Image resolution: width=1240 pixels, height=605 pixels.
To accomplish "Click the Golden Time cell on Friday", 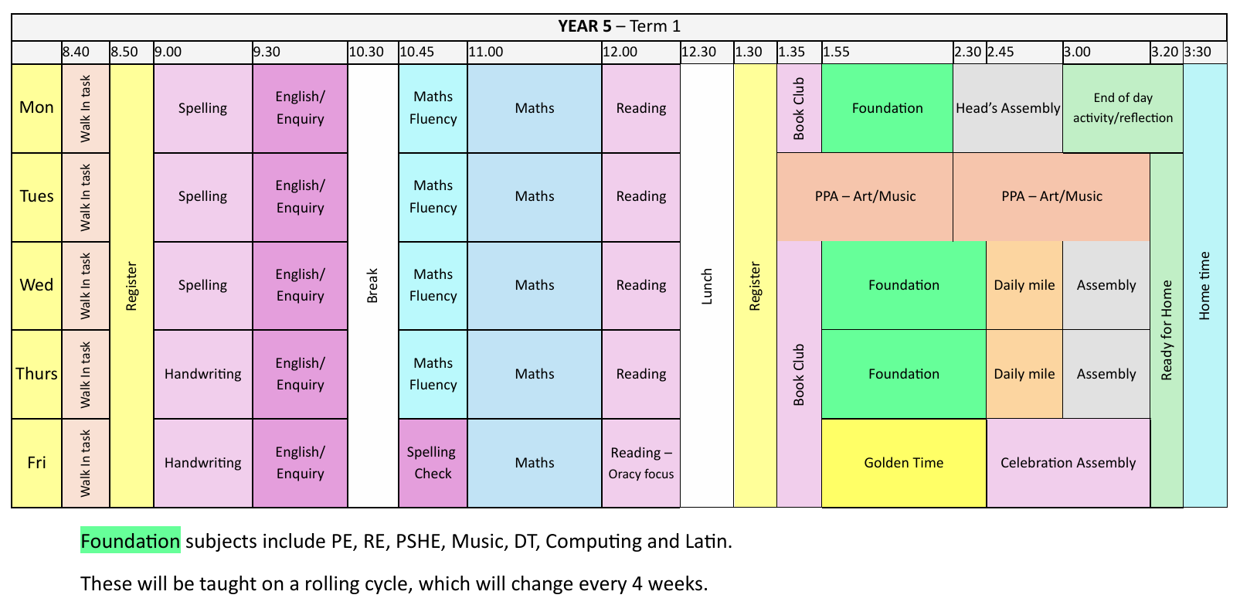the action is [x=903, y=463].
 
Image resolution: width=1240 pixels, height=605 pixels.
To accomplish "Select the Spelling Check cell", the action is [x=433, y=463].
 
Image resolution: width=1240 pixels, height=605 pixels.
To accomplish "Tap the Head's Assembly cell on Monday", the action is [x=1007, y=108].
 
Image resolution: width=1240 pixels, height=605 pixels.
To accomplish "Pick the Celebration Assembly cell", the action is [x=1068, y=463].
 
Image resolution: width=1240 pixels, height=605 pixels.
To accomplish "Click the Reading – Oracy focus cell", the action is [x=641, y=463].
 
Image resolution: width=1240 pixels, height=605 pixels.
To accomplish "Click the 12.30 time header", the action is [x=698, y=52].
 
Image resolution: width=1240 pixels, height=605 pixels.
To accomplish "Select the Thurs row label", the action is [x=36, y=374].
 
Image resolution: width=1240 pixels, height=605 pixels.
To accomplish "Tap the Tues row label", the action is [x=36, y=196].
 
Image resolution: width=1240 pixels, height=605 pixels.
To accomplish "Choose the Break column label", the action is [x=372, y=286].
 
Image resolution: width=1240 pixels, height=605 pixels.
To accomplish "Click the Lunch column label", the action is [x=707, y=286].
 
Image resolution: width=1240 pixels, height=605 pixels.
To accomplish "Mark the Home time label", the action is [x=1204, y=286].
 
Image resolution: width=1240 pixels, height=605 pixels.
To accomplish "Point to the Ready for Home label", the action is [x=1167, y=330].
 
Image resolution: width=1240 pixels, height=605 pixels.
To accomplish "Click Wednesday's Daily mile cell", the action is [x=1024, y=286].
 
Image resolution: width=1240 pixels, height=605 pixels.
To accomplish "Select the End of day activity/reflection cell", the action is [x=1123, y=108].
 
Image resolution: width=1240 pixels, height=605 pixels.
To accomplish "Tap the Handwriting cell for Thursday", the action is [x=202, y=374].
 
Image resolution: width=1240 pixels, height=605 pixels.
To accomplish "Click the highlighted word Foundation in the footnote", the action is [x=131, y=541].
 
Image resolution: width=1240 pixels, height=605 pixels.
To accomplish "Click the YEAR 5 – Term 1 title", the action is [x=619, y=26].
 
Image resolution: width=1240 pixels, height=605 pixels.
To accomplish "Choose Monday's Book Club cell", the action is [x=799, y=108].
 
